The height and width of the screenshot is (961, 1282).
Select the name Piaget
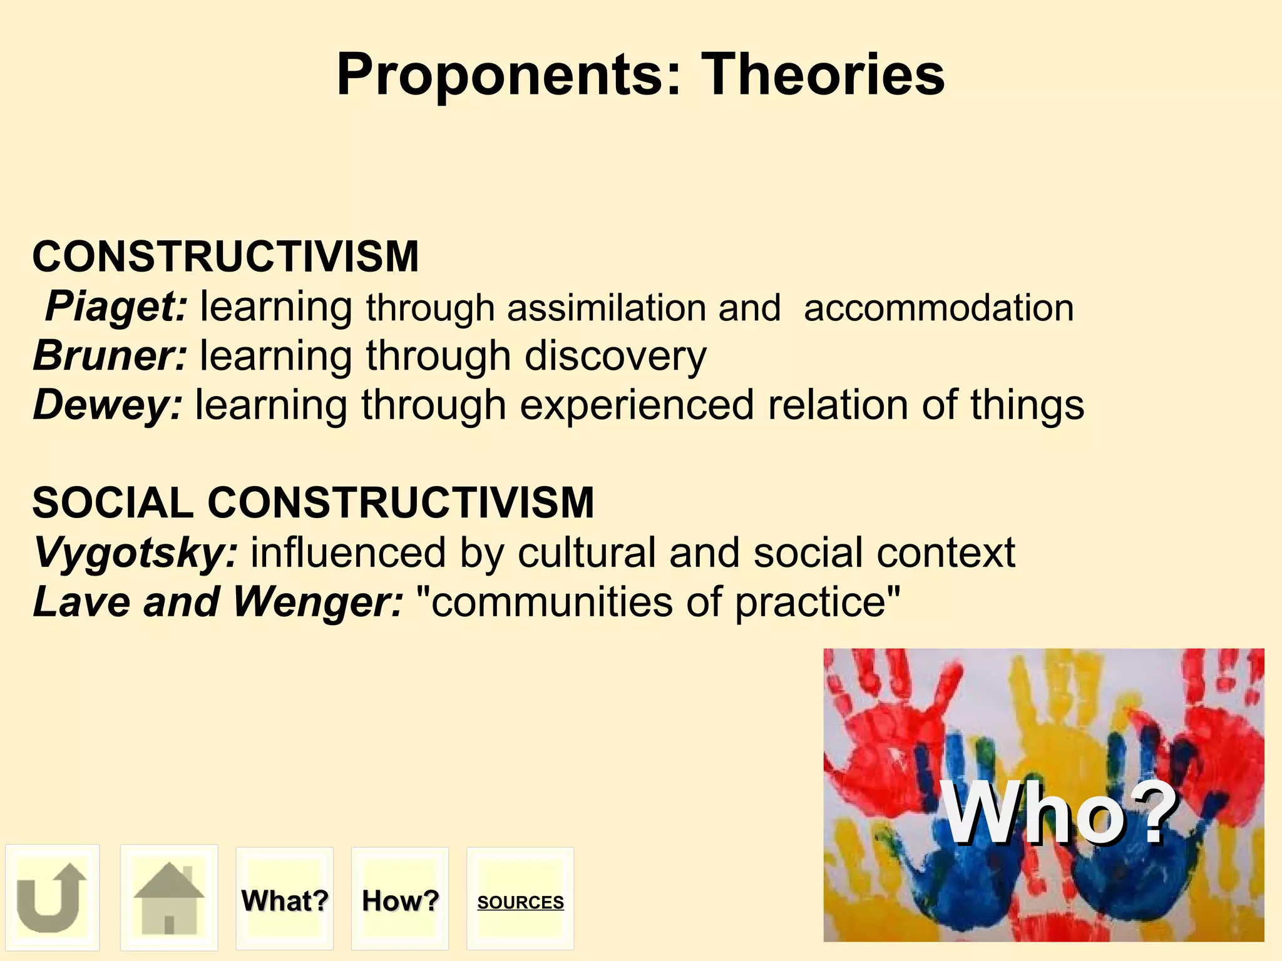116,307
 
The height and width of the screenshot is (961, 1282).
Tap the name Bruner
110,356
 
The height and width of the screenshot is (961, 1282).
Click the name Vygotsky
135,553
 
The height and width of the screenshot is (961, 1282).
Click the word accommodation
938,308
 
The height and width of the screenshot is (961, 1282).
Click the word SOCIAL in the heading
113,503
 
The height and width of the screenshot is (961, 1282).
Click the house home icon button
169,897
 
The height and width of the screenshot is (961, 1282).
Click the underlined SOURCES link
520,902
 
